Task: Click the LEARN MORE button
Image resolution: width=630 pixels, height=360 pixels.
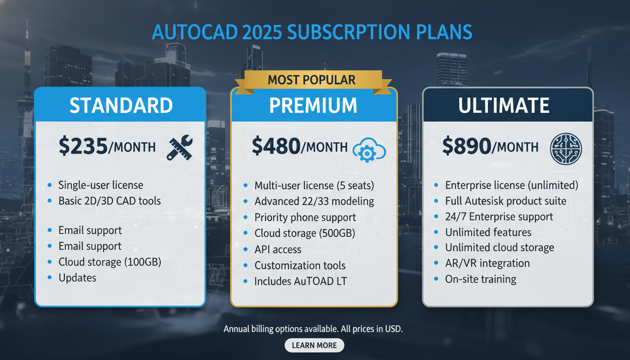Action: [314, 345]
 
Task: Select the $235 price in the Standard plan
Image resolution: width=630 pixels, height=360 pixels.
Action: [83, 146]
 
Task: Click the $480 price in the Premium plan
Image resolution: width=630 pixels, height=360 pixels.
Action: [276, 146]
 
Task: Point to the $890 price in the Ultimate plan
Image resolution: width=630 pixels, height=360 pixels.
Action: [466, 146]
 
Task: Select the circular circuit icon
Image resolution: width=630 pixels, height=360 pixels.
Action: [565, 149]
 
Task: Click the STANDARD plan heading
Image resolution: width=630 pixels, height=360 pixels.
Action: [121, 105]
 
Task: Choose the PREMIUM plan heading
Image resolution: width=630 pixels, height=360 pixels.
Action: [313, 105]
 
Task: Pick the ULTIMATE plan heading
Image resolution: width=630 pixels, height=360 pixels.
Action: [504, 105]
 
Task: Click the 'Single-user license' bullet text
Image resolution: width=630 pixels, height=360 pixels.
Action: [100, 185]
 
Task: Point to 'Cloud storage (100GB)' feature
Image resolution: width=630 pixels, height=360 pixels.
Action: [110, 262]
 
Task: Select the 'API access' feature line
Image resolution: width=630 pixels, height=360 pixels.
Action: [277, 250]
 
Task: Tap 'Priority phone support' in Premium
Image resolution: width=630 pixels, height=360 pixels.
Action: [305, 217]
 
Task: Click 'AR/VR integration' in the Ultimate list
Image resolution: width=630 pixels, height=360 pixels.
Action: [487, 263]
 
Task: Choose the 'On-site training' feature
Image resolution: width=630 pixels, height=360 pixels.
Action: [480, 279]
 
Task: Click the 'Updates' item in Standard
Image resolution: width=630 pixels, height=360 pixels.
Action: [77, 277]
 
